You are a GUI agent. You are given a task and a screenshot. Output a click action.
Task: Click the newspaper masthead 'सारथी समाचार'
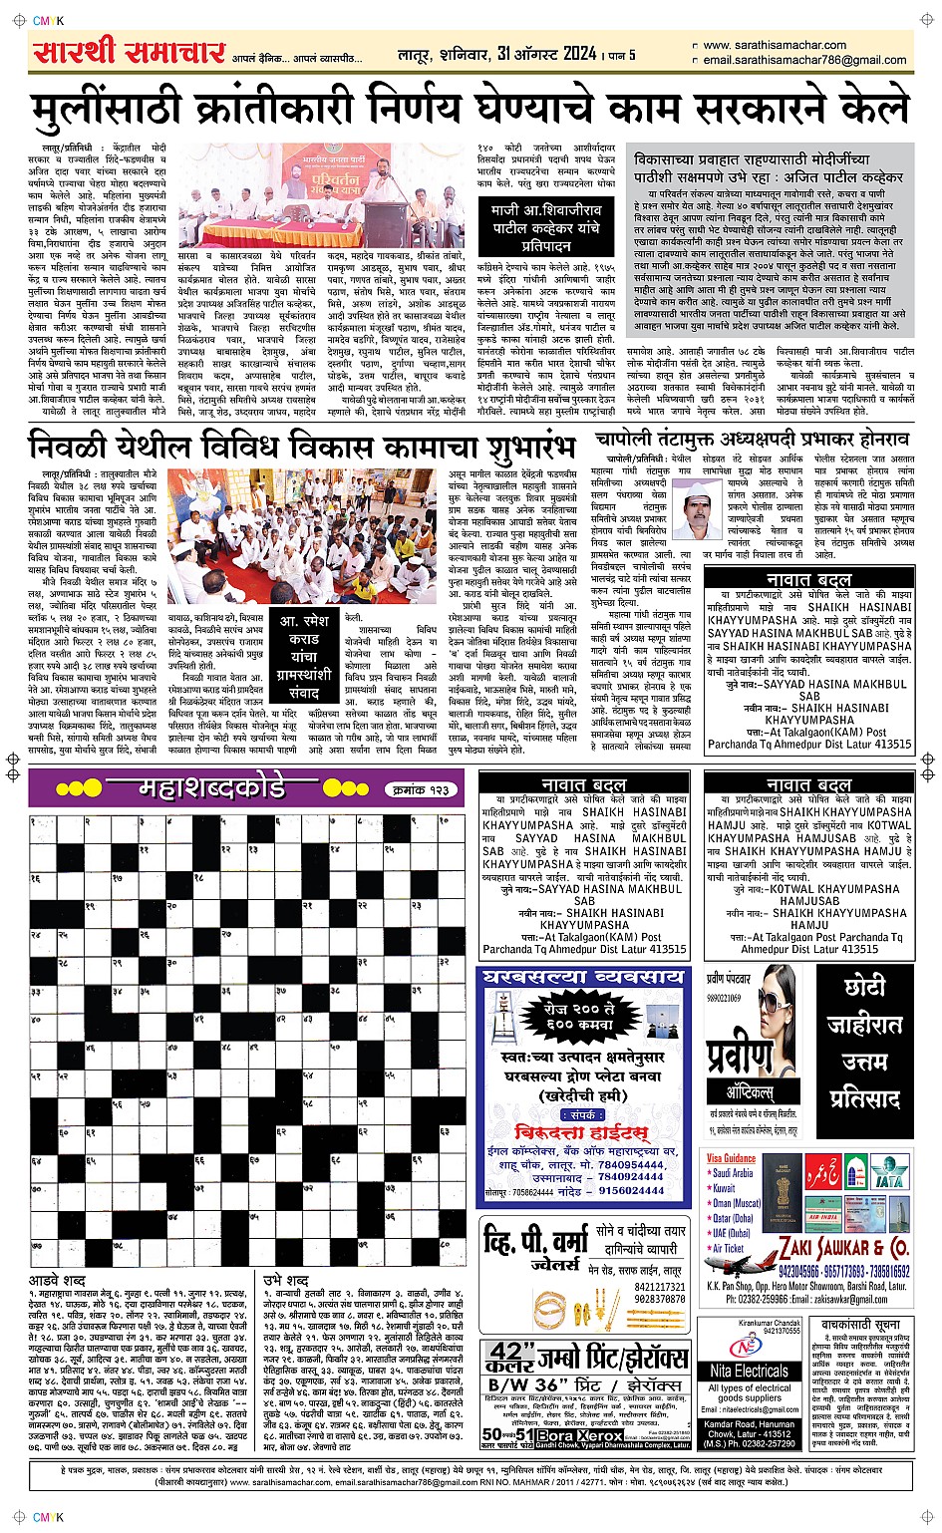point(128,52)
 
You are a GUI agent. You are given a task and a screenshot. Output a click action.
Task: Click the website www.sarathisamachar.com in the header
point(775,45)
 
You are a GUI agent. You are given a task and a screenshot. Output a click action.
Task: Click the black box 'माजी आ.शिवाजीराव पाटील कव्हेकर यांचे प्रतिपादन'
point(545,227)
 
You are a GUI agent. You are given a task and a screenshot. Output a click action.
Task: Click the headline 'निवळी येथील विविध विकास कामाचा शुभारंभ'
point(303,446)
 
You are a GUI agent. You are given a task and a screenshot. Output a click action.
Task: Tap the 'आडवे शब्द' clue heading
point(57,1279)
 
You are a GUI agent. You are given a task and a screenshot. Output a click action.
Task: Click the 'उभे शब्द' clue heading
point(285,1279)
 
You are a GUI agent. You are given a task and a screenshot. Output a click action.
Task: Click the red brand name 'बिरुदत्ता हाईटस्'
point(581,1132)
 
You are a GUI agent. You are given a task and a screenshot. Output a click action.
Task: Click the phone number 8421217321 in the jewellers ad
point(660,1287)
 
